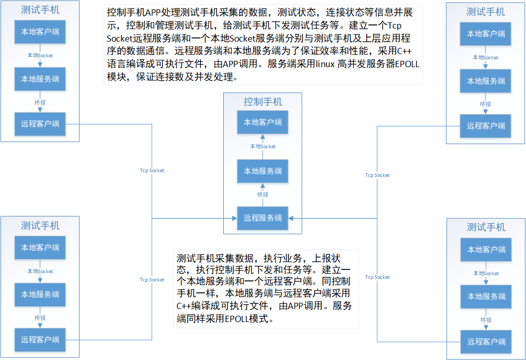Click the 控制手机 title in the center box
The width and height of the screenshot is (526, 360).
tap(263, 102)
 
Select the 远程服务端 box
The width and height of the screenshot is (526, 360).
tap(263, 218)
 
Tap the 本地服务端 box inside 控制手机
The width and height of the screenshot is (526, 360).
tap(263, 171)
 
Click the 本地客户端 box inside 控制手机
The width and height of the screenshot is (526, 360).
tap(263, 123)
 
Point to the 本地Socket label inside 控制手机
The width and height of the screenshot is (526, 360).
tap(263, 147)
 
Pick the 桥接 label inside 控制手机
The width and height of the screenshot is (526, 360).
tap(263, 195)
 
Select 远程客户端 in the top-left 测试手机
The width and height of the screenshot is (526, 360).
tap(40, 124)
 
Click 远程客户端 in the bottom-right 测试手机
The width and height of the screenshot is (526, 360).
tap(486, 342)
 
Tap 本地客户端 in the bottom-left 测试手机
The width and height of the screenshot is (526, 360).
tap(40, 248)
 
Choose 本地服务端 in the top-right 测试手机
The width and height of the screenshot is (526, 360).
tap(486, 81)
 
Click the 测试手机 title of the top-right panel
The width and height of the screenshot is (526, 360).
tap(486, 12)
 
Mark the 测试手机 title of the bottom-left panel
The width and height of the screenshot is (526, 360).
tap(40, 226)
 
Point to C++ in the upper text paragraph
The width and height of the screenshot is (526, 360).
tap(405, 52)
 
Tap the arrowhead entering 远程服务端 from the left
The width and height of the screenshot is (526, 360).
tap(234, 218)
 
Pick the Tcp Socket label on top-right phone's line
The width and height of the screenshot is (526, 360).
tap(377, 175)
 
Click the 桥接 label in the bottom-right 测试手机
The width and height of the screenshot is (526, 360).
tap(486, 319)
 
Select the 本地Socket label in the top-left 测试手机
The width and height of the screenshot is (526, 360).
tap(40, 55)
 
